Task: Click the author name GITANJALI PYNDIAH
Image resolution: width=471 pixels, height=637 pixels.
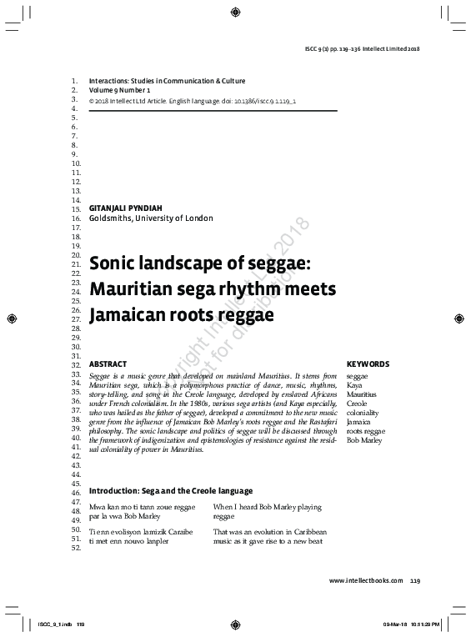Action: (130, 208)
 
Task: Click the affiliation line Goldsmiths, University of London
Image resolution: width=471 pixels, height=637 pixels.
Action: (151, 218)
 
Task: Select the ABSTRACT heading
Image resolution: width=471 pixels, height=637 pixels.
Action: (108, 364)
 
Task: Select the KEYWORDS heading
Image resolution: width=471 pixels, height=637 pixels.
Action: (368, 364)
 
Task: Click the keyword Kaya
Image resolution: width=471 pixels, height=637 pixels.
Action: (354, 385)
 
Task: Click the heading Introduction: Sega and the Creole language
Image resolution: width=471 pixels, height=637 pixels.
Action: (171, 491)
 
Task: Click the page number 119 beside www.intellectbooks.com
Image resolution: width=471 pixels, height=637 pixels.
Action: (415, 580)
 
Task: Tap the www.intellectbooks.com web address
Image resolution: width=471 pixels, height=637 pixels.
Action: (366, 580)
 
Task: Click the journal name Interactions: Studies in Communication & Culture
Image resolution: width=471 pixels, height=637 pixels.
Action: (167, 80)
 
